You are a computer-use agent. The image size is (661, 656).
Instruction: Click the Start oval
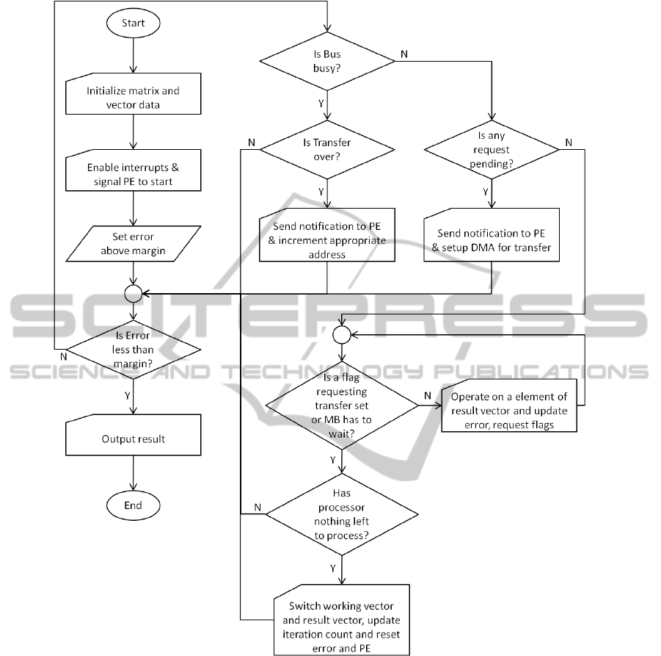tap(133, 23)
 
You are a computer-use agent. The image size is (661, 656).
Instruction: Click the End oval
tap(133, 505)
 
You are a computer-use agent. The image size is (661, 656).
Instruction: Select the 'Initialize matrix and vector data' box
tap(133, 98)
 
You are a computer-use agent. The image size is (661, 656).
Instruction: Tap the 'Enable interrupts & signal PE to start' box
tap(133, 174)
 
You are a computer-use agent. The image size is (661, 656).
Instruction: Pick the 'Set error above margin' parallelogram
tap(133, 243)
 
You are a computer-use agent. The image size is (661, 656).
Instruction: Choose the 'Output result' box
tap(133, 439)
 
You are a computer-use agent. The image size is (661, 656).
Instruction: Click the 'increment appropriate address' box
tap(326, 239)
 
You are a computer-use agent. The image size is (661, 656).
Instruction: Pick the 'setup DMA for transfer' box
tap(491, 239)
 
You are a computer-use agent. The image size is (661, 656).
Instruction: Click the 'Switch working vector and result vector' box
tap(342, 620)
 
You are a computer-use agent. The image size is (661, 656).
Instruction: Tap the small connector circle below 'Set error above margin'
tap(133, 293)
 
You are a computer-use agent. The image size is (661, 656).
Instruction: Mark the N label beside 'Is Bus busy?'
tap(403, 54)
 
